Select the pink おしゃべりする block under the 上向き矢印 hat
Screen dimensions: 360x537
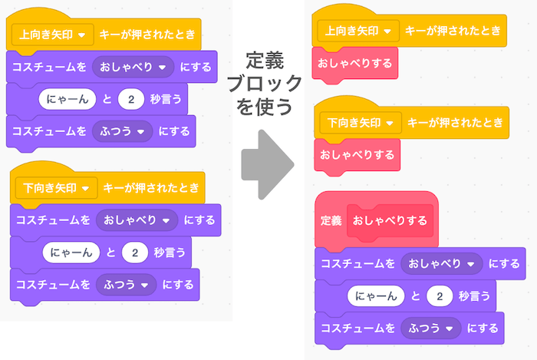click(x=356, y=61)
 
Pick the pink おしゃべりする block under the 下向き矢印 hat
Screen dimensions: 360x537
click(x=356, y=154)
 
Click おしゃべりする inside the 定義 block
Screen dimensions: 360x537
click(x=390, y=220)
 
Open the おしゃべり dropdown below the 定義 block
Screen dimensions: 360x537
click(x=440, y=263)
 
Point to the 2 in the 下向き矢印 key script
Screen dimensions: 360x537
click(x=135, y=253)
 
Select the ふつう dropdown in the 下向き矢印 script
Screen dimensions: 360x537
click(x=126, y=284)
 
